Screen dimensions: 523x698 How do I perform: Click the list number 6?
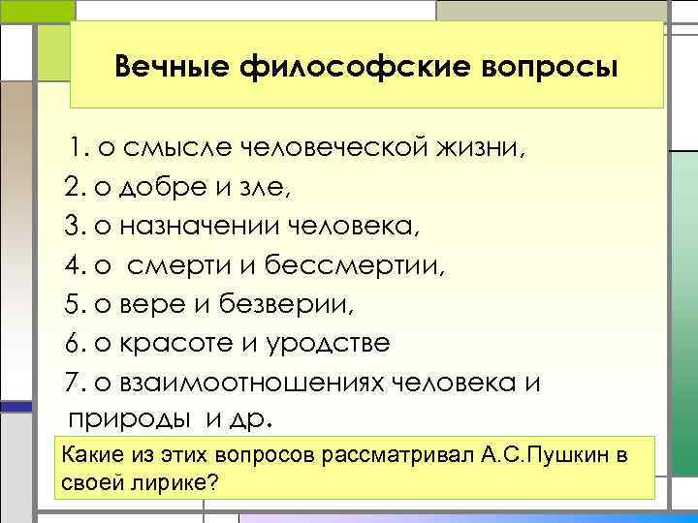[x=75, y=344]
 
